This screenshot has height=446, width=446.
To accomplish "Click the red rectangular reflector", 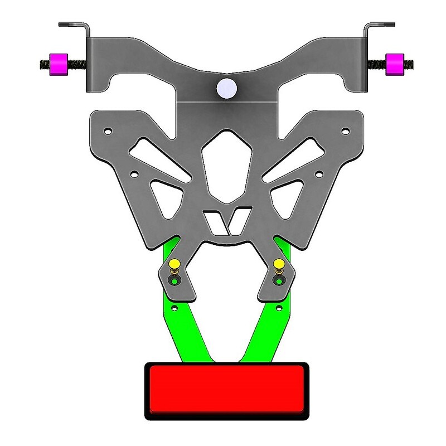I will tap(226, 390).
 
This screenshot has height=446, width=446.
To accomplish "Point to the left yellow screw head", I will tap(174, 263).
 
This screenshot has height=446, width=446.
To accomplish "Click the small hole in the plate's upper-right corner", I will tap(345, 132).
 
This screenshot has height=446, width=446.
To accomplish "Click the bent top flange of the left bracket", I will tap(72, 25).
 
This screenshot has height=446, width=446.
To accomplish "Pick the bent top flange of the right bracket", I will tap(380, 25).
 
